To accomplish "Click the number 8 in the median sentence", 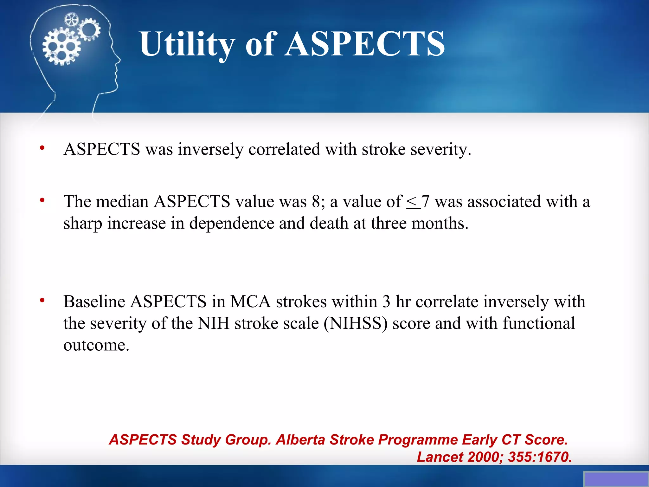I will click(x=316, y=202).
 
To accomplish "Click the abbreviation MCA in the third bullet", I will click(x=250, y=302).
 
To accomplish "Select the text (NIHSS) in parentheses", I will click(x=356, y=323).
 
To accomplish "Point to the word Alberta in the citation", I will click(x=300, y=440).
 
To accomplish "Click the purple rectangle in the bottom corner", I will click(x=616, y=479).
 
